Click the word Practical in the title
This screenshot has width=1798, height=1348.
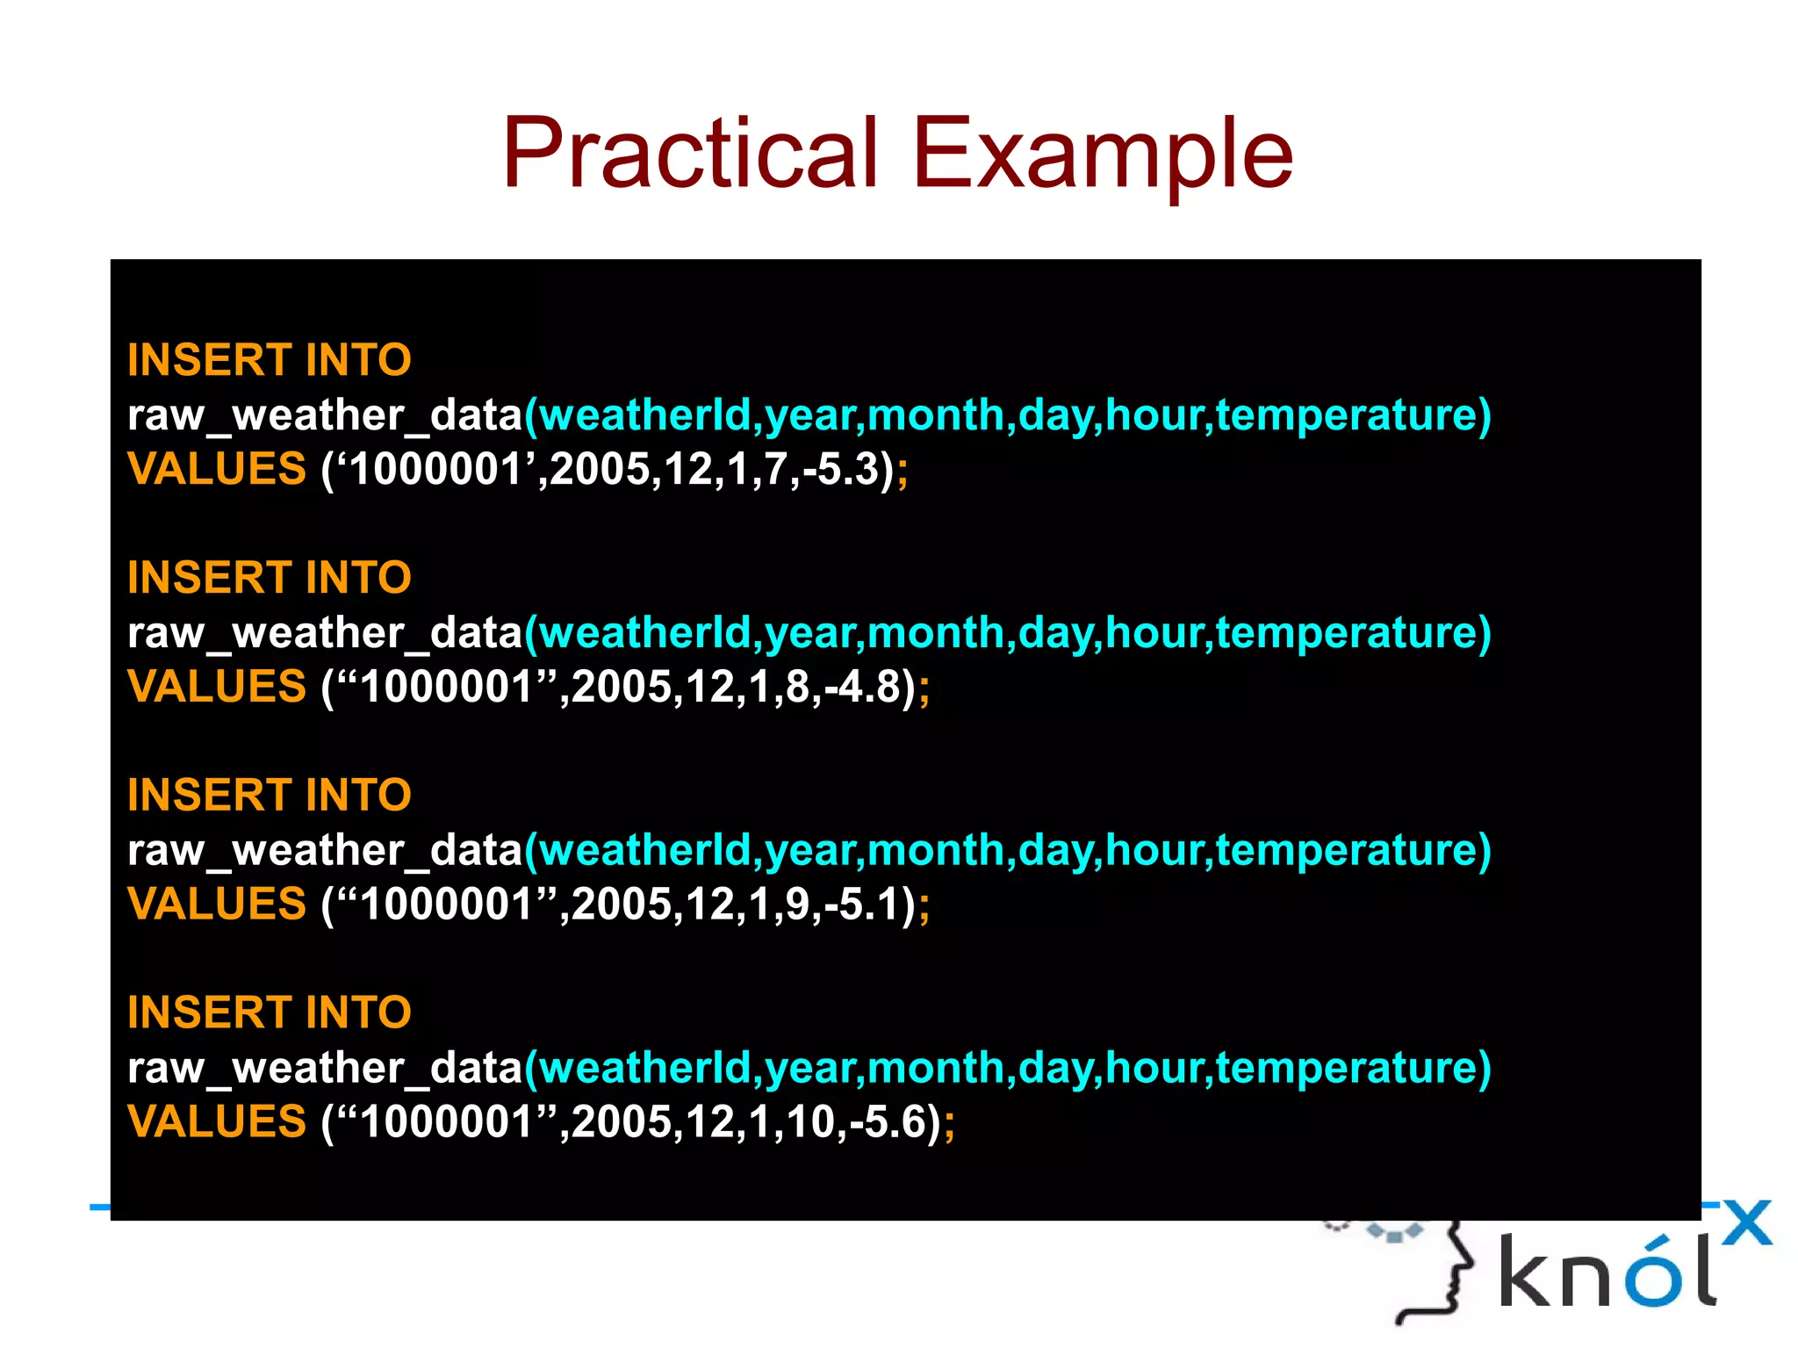(x=689, y=154)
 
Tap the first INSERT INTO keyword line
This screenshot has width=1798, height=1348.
(x=269, y=360)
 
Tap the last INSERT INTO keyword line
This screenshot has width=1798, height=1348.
(x=269, y=1013)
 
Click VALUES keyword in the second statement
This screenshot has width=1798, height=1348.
(x=217, y=687)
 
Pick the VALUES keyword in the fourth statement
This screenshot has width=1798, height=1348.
(x=217, y=1122)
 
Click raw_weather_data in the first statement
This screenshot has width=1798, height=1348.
(x=325, y=415)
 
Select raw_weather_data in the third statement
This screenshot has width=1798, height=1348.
(x=325, y=851)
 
